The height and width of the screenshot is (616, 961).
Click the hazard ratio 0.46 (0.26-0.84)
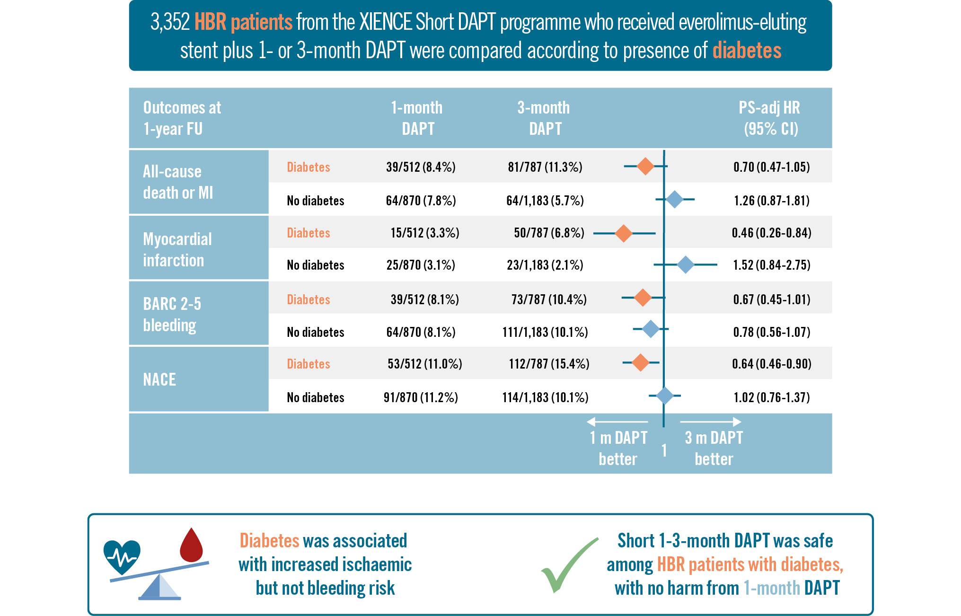(x=771, y=233)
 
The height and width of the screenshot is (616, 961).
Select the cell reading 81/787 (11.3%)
(x=545, y=167)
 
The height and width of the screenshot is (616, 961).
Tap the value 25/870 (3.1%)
(x=421, y=265)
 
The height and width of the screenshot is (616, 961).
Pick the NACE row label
(x=159, y=379)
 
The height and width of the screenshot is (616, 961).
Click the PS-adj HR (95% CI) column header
(x=770, y=118)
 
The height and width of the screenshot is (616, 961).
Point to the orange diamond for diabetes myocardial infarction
(x=624, y=233)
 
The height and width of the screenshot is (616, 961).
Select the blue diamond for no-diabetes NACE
(x=665, y=396)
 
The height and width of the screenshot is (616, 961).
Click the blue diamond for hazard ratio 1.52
(x=686, y=265)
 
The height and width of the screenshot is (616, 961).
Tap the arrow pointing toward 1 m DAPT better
(x=617, y=422)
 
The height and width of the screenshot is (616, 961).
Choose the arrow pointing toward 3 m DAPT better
(x=711, y=422)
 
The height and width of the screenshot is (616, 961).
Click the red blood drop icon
(x=191, y=546)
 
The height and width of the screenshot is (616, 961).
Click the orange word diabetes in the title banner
(x=747, y=51)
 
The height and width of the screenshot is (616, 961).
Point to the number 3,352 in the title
(x=170, y=22)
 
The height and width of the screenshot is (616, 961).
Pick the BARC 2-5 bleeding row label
(x=172, y=314)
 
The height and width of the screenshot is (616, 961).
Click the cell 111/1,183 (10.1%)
(x=545, y=332)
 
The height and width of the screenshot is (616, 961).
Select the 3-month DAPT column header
(x=544, y=118)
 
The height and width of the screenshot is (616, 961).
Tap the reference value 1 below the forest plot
(x=664, y=450)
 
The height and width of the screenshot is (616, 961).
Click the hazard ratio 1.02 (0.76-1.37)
(x=771, y=397)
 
